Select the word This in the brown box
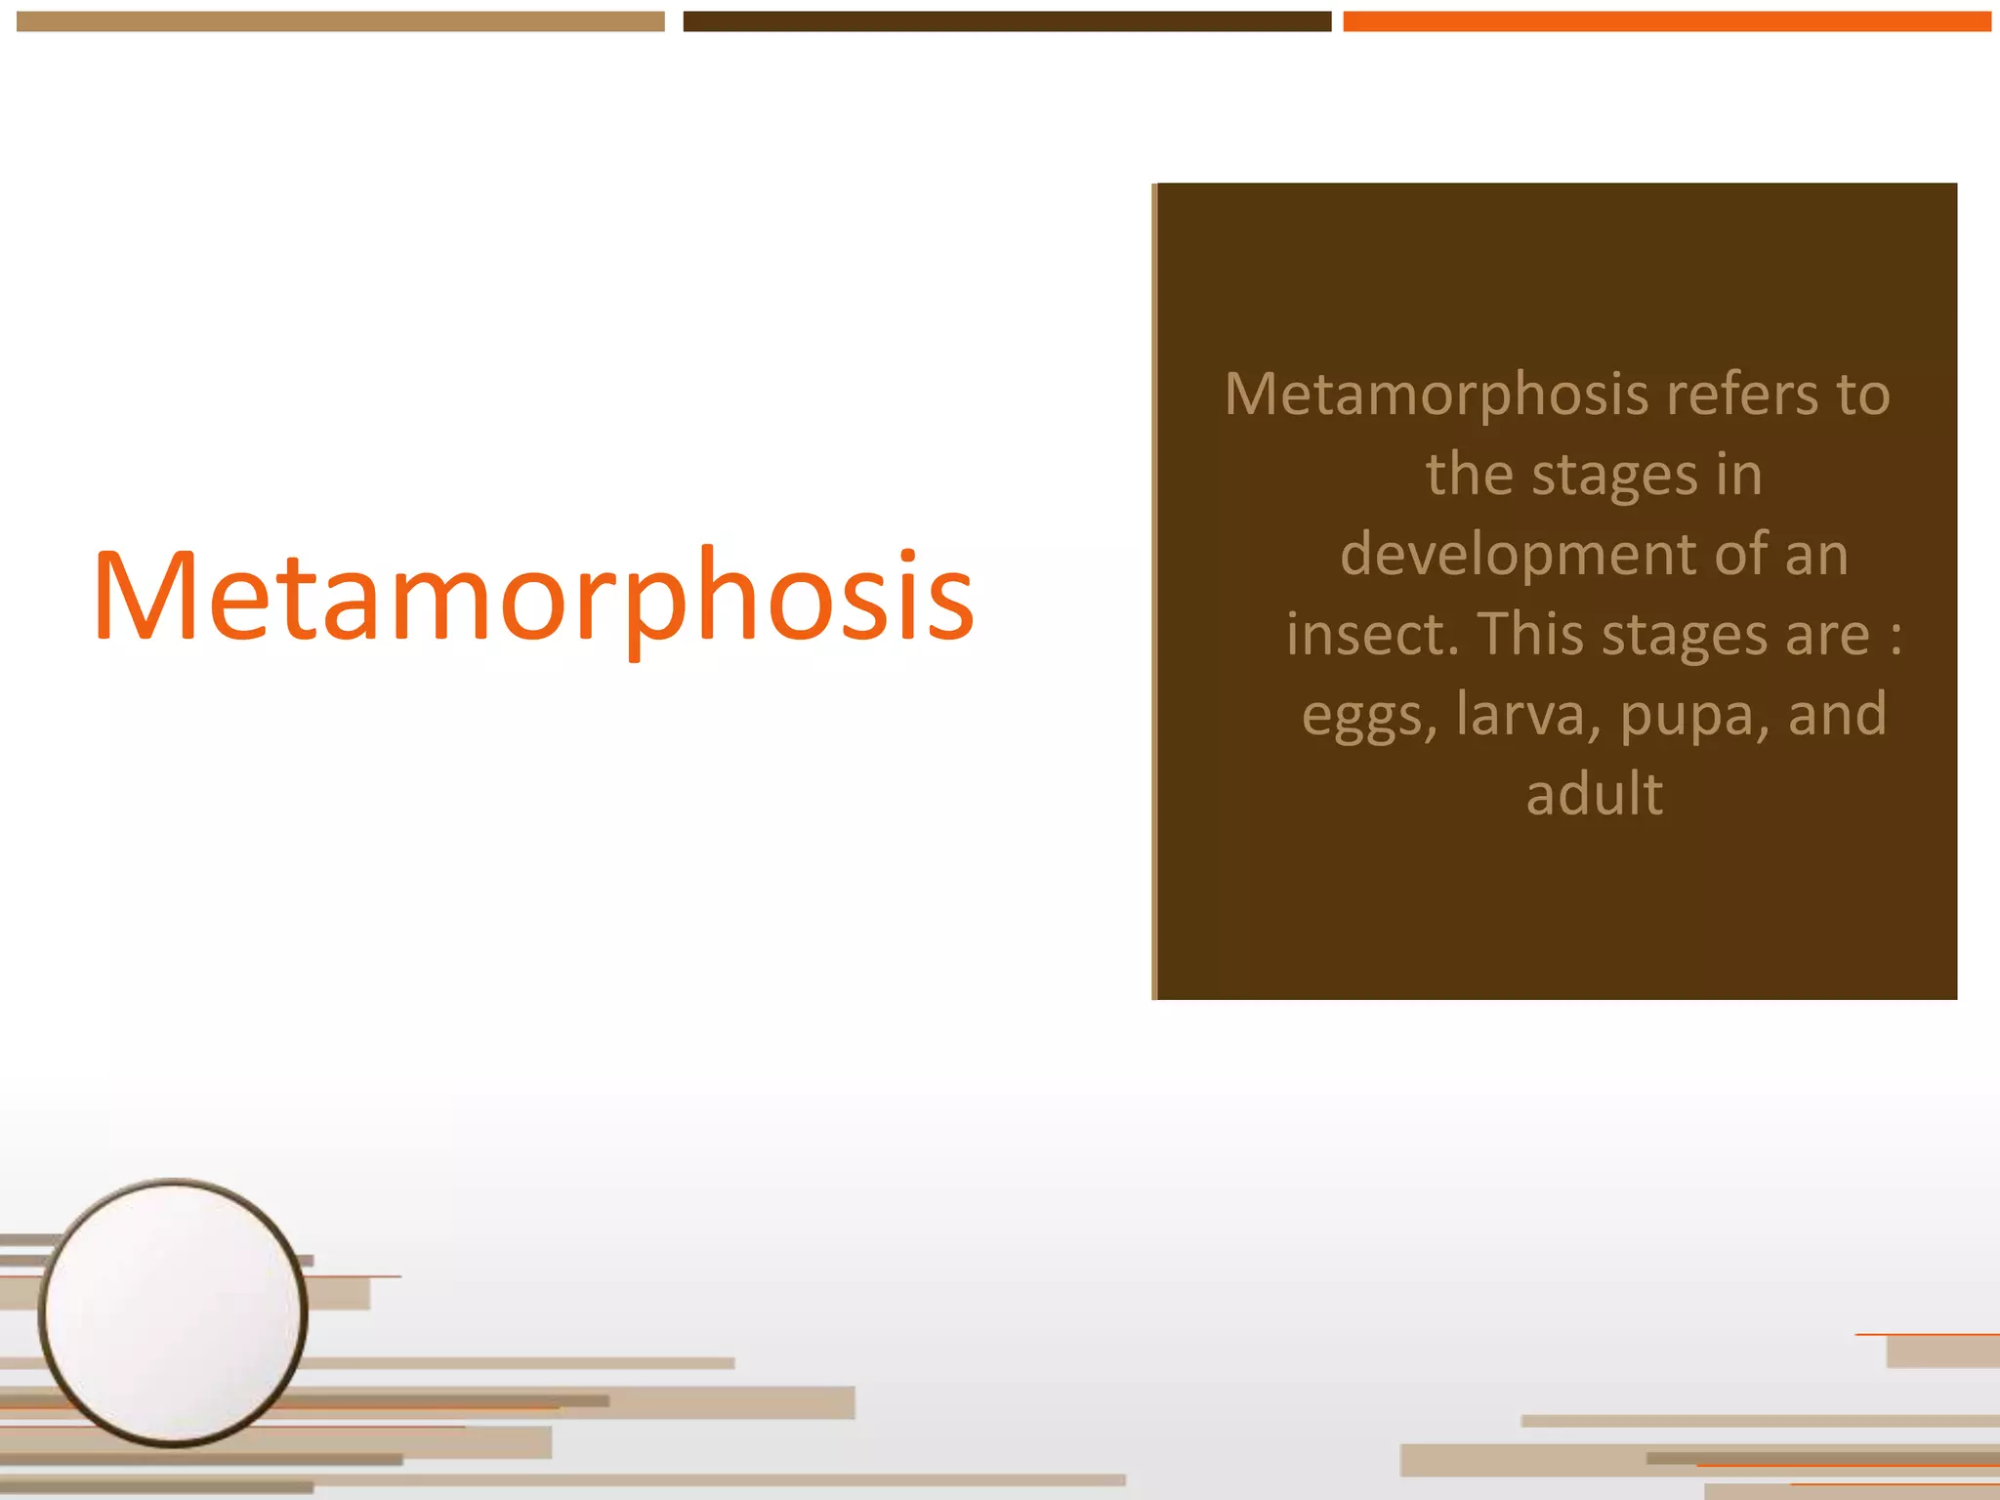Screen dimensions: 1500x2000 click(1531, 634)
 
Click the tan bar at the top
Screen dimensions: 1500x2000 click(340, 21)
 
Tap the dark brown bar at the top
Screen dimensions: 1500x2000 click(1007, 21)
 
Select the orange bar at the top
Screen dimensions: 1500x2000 click(1667, 21)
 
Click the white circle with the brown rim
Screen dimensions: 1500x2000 click(174, 1312)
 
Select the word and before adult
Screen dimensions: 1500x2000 click(1837, 714)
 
